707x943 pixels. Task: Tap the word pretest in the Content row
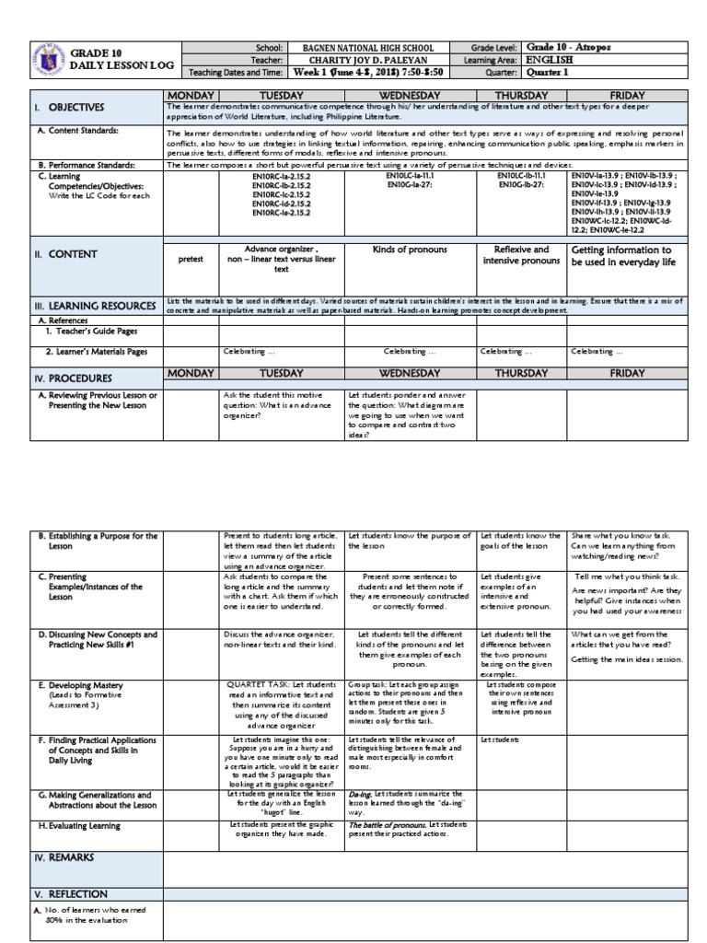pyautogui.click(x=191, y=261)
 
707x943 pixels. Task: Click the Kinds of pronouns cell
pyautogui.click(x=410, y=250)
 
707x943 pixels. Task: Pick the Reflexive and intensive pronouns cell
pyautogui.click(x=521, y=255)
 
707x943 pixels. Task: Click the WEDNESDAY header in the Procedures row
pyautogui.click(x=410, y=374)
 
